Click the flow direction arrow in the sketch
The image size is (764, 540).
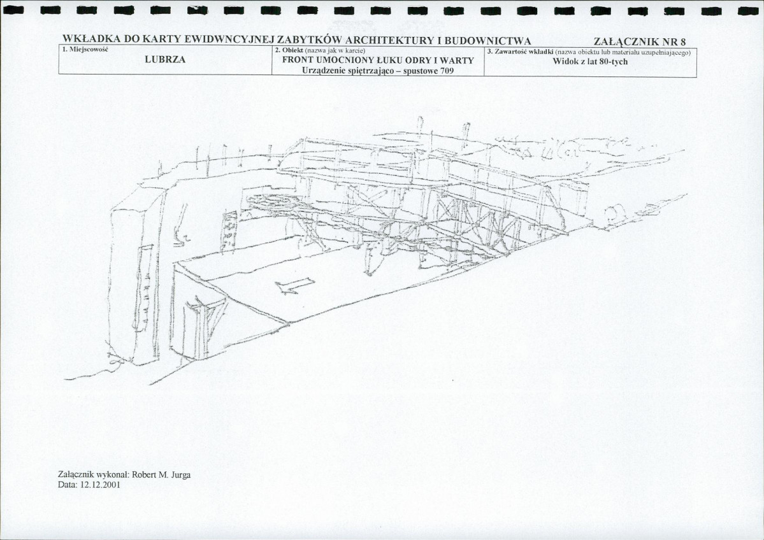[295, 285]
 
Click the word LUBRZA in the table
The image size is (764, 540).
[165, 60]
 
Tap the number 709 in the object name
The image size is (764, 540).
[446, 71]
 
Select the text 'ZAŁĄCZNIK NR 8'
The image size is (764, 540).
[640, 42]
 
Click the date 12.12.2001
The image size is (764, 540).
[100, 485]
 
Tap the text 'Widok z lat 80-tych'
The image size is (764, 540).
[590, 62]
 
